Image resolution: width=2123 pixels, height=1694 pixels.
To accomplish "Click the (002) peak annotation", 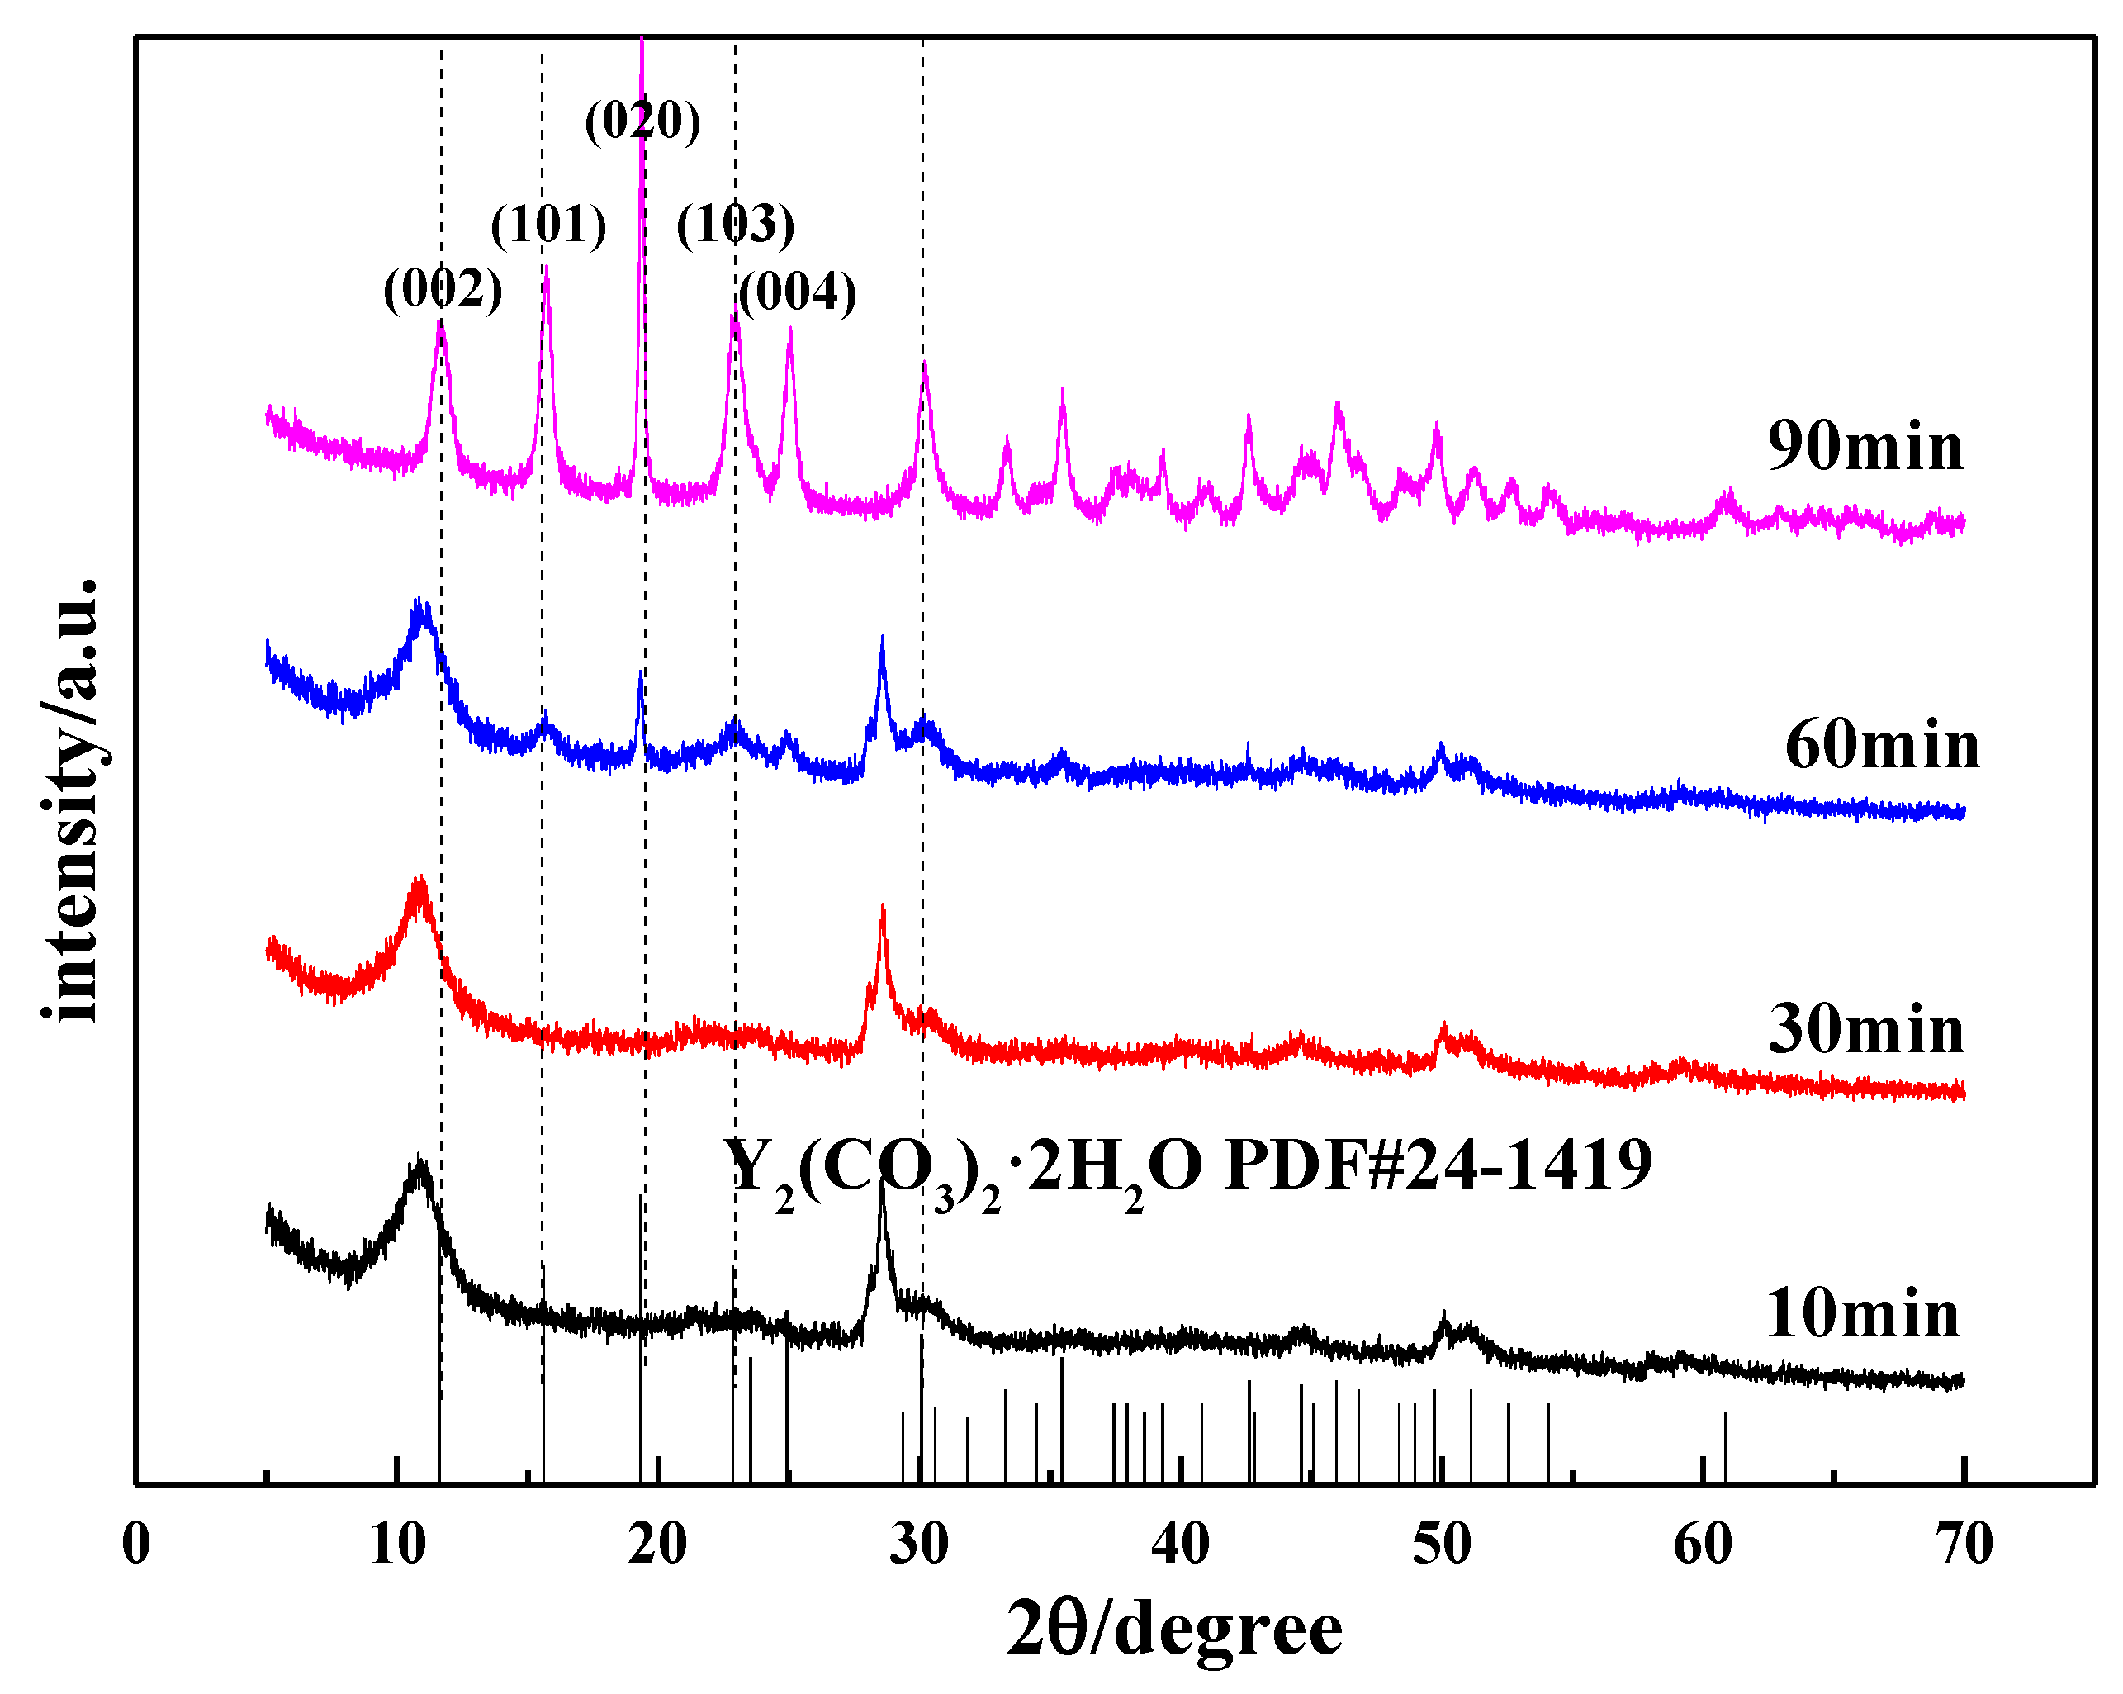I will tap(442, 290).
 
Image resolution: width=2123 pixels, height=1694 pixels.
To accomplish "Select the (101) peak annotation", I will tap(548, 225).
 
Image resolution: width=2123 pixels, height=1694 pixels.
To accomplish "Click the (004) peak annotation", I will tap(797, 292).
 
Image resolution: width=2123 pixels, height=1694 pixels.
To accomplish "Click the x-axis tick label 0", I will tap(136, 1545).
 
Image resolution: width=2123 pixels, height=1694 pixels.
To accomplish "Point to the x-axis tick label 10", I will tap(397, 1545).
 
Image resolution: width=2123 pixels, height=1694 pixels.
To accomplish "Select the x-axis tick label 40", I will tap(1180, 1545).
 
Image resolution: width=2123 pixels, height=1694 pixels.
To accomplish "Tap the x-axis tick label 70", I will tap(1963, 1545).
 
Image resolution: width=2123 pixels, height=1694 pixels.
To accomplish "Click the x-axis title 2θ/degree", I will tap(1173, 1630).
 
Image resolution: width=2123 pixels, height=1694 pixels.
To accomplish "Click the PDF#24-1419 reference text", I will tap(1438, 1165).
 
